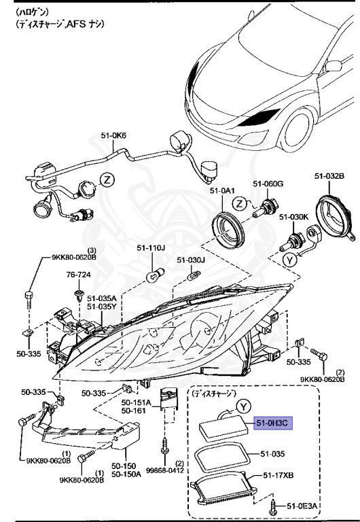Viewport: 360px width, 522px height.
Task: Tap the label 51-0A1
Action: pyautogui.click(x=222, y=191)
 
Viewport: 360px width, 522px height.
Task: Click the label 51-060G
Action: pyautogui.click(x=268, y=184)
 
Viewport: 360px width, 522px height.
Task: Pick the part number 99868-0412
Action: pyautogui.click(x=165, y=470)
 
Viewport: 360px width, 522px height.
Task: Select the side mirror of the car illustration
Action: pyautogui.click(x=333, y=67)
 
